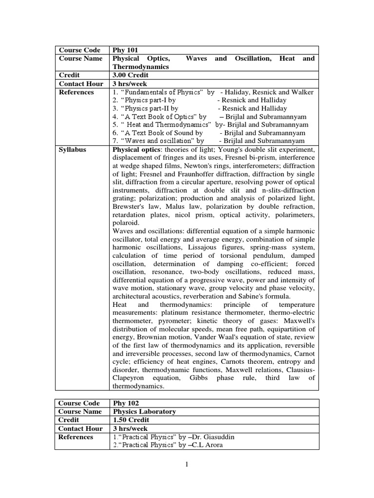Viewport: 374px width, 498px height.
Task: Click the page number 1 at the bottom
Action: pyautogui.click(x=187, y=464)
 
